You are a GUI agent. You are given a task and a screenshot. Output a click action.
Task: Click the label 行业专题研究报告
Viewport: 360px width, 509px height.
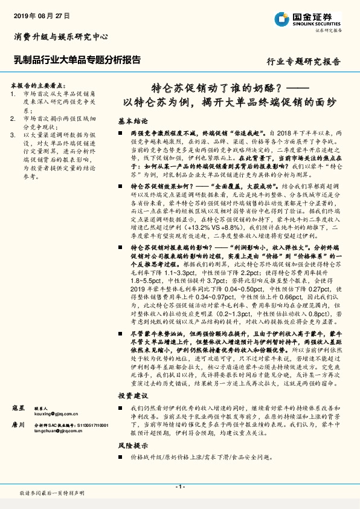click(x=304, y=62)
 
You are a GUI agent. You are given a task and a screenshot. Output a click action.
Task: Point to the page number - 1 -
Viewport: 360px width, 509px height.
click(x=179, y=486)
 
